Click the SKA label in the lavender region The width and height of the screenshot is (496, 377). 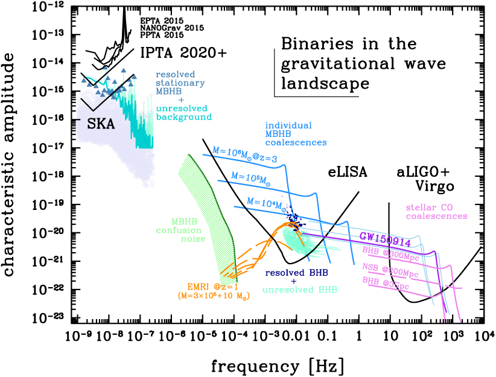click(101, 124)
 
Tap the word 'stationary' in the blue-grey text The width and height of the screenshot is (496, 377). click(180, 83)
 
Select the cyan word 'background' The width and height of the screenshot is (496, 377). click(183, 117)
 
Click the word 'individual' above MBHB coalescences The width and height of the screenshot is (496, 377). click(288, 125)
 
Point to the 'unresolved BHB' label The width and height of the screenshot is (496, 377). click(300, 290)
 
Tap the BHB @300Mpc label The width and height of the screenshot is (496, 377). click(390, 250)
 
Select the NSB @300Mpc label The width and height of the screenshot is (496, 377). click(390, 268)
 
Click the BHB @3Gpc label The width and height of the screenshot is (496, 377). click(386, 283)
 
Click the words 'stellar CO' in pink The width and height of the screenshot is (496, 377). click(429, 208)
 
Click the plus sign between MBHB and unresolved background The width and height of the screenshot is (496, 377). click(180, 100)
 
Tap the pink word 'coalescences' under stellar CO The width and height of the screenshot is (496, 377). click(436, 216)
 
